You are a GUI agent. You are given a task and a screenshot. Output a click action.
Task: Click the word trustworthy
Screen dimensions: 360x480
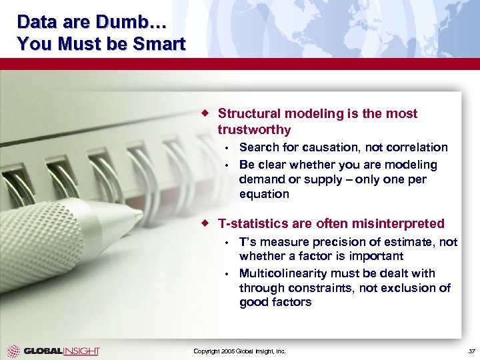click(x=254, y=129)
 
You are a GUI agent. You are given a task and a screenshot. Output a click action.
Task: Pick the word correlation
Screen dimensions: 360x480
click(x=416, y=147)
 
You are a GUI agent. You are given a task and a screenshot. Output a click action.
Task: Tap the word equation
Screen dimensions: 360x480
click(x=264, y=195)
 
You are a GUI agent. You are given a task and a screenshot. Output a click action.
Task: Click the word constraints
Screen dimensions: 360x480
click(x=317, y=288)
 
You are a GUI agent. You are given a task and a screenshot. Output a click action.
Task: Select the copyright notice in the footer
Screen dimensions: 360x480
click(x=239, y=351)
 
